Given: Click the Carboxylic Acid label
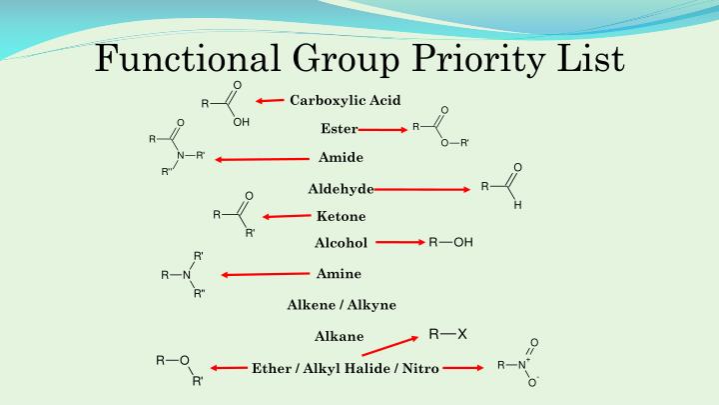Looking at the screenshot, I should pos(345,100).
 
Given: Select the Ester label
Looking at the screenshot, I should pos(339,129).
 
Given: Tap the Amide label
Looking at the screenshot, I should pos(341,158).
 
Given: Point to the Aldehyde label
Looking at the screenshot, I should pos(341,188).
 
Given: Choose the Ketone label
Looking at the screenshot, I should pos(341,216).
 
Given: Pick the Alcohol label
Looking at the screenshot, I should pos(341,243).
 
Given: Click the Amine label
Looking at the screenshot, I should pos(339,274).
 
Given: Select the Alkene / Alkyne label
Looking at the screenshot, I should pos(341,304).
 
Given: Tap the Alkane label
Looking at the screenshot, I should pos(340,336).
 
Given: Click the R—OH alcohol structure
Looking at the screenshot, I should pos(451,242).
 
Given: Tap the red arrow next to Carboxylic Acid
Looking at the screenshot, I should pos(270,101).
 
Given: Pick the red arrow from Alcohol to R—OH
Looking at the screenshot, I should pos(400,242).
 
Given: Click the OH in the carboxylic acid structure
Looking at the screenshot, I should pos(241,124).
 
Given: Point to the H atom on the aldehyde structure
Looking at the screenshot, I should pos(517,205).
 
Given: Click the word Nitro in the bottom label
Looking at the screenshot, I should pos(419,368).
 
